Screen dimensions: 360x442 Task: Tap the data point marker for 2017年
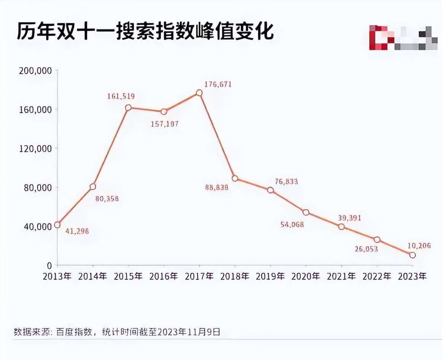[199, 93]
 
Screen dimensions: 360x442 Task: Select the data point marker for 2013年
[57, 225]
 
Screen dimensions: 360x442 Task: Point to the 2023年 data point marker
[412, 255]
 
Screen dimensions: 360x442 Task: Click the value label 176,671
[218, 84]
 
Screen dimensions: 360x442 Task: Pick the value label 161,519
[121, 96]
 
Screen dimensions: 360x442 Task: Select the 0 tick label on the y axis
[49, 265]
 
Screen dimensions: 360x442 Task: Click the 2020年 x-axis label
[306, 276]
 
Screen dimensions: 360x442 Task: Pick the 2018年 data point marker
[235, 178]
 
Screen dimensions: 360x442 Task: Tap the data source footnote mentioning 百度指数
[117, 331]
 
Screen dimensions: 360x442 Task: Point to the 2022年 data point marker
[377, 240]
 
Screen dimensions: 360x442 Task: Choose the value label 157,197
[165, 123]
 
